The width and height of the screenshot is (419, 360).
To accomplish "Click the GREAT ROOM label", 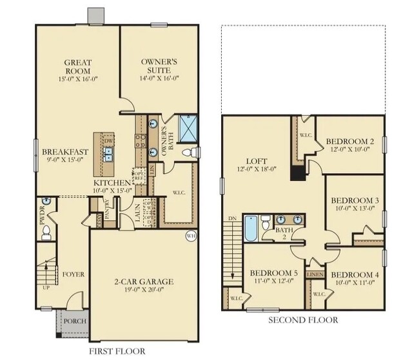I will click(x=77, y=67).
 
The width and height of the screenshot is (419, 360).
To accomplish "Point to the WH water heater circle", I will click(x=191, y=235).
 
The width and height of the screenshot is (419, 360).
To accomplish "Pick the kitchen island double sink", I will click(x=108, y=154).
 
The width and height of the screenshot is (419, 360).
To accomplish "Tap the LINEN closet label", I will click(x=315, y=274).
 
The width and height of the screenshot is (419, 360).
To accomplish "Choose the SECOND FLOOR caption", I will click(x=304, y=320).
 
